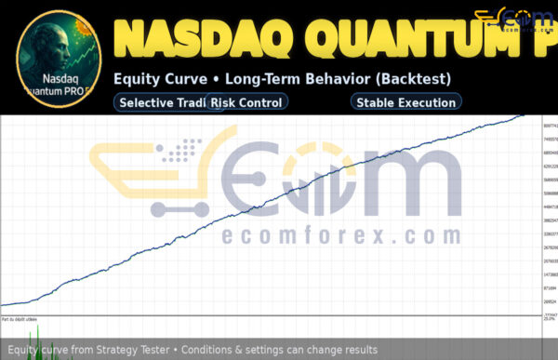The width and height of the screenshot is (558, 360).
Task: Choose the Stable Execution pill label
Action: pyautogui.click(x=405, y=102)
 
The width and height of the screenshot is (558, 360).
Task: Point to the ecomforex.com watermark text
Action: pyautogui.click(x=341, y=235)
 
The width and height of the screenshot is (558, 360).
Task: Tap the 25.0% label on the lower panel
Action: pyautogui.click(x=549, y=319)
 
